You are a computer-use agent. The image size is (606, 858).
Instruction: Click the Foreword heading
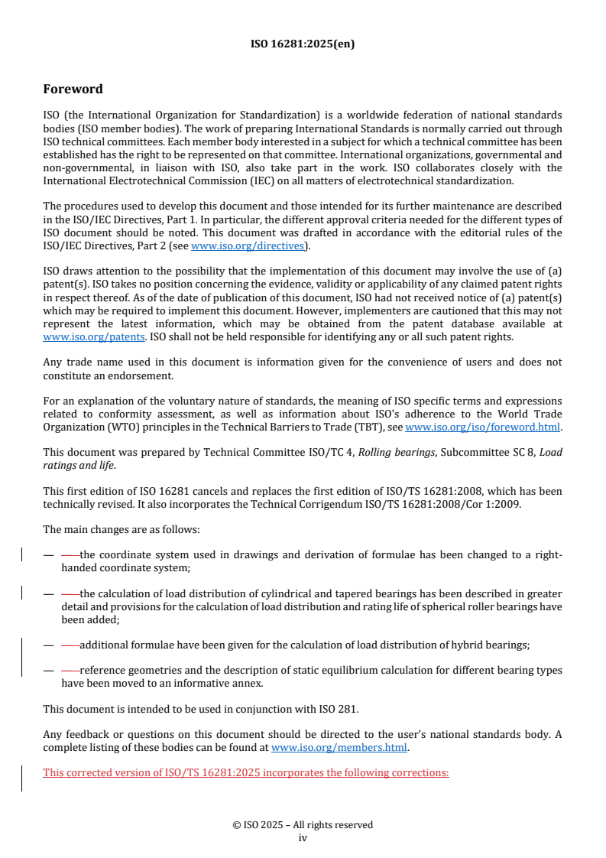[73, 89]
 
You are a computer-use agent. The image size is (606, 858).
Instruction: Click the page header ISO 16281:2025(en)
[303, 44]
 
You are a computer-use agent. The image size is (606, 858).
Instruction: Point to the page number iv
[303, 837]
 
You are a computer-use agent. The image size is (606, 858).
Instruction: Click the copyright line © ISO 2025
[303, 824]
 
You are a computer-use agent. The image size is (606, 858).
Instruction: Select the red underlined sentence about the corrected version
[245, 772]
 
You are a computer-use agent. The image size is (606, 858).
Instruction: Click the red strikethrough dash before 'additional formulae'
[70, 645]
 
